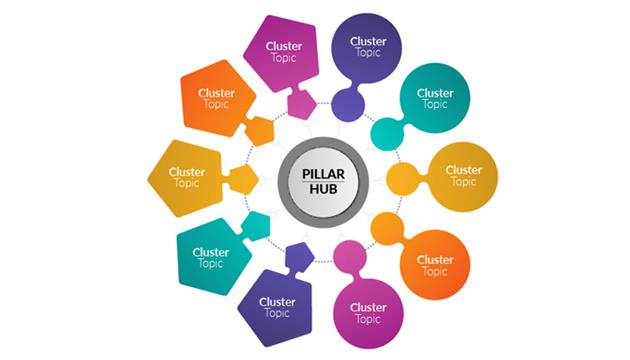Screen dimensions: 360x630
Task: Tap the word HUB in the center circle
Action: point(316,189)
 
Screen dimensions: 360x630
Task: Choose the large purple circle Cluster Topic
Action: point(367,48)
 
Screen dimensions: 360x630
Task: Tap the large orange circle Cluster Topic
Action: point(435,264)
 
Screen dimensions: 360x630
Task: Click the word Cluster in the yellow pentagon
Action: point(187,172)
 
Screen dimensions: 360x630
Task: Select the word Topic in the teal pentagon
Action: point(210,264)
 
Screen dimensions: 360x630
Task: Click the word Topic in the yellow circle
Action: point(463,183)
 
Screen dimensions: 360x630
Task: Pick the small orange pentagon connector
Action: point(260,131)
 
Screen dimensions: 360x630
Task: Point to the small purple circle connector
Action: point(346,104)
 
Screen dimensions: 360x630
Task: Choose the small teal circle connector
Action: point(385,131)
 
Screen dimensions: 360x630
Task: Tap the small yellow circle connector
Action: point(402,179)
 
